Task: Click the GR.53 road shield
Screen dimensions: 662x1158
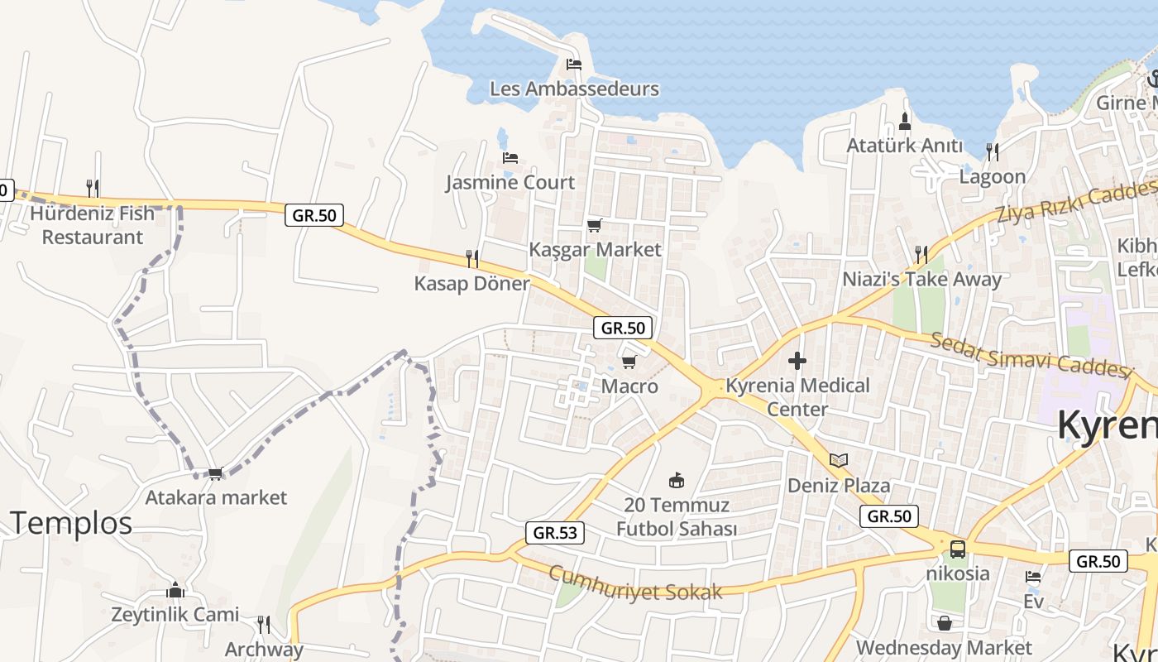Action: [555, 533]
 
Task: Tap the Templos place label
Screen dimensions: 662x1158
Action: [71, 523]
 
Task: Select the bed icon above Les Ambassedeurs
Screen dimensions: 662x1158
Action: [574, 65]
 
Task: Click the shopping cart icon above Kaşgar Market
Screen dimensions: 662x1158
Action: [594, 225]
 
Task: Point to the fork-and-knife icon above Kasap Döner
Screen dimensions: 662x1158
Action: [472, 259]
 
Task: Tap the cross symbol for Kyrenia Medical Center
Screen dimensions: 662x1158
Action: [797, 361]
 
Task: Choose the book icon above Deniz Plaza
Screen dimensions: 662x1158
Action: [839, 460]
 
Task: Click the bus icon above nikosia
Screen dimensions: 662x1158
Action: [957, 549]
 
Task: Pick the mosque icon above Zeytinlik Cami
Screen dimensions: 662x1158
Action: [175, 590]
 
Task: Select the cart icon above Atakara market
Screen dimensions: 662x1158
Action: [216, 473]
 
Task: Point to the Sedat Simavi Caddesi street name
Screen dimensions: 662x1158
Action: [1031, 355]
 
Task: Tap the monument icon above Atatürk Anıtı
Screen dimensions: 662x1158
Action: [905, 122]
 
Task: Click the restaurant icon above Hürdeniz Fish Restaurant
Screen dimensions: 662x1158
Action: [93, 189]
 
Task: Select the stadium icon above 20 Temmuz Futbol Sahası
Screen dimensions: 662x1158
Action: [677, 480]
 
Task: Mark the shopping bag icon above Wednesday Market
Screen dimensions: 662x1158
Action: [944, 622]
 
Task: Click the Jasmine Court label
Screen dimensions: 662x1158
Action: [510, 182]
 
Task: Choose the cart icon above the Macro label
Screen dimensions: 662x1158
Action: [629, 362]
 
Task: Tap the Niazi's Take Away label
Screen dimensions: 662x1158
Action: [921, 280]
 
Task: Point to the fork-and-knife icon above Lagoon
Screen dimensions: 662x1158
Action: [993, 151]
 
